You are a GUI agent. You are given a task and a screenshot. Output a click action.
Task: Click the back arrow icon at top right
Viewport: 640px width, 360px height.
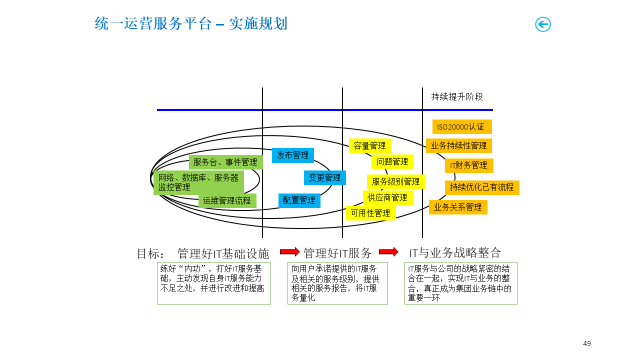pyautogui.click(x=542, y=24)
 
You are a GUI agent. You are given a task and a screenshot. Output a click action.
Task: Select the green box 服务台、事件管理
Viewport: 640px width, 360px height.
pyautogui.click(x=225, y=162)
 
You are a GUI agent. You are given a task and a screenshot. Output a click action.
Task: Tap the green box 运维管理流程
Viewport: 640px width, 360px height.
pyautogui.click(x=227, y=201)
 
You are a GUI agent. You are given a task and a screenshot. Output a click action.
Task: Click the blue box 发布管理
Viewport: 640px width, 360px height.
pyautogui.click(x=293, y=155)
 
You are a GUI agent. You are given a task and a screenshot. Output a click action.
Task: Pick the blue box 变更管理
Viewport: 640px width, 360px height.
pyautogui.click(x=324, y=177)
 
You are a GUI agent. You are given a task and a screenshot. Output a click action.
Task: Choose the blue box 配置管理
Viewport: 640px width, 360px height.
pyautogui.click(x=299, y=200)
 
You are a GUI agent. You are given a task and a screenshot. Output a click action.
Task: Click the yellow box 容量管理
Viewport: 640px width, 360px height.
pyautogui.click(x=369, y=146)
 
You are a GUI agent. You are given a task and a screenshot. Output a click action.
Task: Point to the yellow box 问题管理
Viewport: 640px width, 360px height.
pyautogui.click(x=392, y=161)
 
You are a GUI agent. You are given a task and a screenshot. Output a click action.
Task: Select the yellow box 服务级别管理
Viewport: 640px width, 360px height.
pyautogui.click(x=395, y=181)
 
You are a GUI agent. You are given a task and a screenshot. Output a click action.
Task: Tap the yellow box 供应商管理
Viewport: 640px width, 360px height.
pyautogui.click(x=387, y=197)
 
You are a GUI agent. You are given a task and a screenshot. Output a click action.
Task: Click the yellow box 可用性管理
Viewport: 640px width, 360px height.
pyautogui.click(x=370, y=213)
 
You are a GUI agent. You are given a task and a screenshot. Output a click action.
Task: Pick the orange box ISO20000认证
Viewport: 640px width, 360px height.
pyautogui.click(x=461, y=127)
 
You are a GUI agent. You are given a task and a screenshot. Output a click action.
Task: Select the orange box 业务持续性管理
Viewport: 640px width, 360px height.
pyautogui.click(x=458, y=146)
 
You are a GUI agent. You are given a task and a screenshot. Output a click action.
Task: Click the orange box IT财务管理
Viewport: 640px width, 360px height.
pyautogui.click(x=469, y=165)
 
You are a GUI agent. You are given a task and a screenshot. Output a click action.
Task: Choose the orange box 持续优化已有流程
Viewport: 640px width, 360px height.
pyautogui.click(x=482, y=187)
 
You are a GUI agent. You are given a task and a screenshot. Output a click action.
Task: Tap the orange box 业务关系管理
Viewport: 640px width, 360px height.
pyautogui.click(x=458, y=207)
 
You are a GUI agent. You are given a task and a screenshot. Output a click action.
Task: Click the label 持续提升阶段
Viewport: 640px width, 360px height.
pyautogui.click(x=457, y=97)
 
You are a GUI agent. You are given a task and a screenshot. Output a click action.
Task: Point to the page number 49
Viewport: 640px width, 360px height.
pyautogui.click(x=587, y=343)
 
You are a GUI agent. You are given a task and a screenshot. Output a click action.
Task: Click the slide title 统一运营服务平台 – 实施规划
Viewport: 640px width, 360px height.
pyautogui.click(x=191, y=23)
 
